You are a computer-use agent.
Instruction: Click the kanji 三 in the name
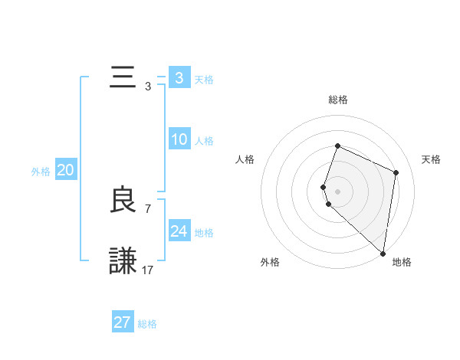point(123,78)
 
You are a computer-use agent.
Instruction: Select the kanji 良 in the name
point(123,201)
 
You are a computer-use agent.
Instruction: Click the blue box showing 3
point(179,78)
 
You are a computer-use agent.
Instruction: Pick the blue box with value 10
point(179,139)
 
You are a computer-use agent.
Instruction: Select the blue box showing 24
point(179,231)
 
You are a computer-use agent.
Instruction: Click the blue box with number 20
point(65,170)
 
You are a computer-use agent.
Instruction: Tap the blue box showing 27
point(123,322)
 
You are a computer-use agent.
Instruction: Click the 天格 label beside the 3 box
point(204,79)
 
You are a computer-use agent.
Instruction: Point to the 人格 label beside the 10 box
point(204,140)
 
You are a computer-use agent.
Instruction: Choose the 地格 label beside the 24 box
point(204,232)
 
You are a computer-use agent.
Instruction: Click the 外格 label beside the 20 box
point(41,172)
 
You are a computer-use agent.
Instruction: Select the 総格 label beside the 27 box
point(148,324)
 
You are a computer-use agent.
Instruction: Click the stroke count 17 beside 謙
point(148,270)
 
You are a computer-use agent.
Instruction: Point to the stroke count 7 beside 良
point(148,208)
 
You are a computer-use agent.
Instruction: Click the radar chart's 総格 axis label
point(337,100)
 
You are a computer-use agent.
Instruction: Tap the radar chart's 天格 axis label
point(431,159)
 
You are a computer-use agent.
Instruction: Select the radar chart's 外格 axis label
point(270,262)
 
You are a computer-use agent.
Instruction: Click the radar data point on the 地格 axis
point(383,254)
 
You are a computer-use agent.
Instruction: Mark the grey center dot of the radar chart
point(337,191)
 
